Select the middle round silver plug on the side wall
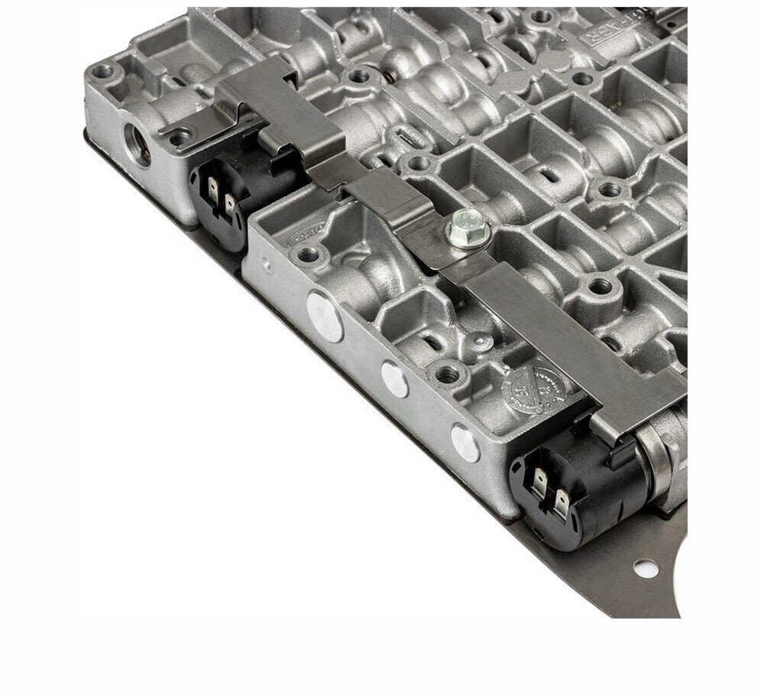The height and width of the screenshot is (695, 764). pos(395,378)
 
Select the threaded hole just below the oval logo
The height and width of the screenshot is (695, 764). pos(307,256)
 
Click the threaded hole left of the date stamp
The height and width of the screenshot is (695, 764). pos(447,374)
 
